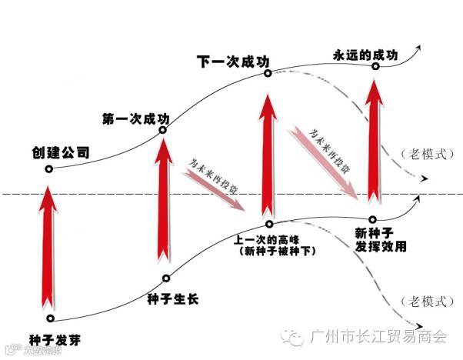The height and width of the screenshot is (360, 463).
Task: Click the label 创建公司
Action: (x=60, y=152)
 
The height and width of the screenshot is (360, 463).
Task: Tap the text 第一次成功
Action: (x=136, y=119)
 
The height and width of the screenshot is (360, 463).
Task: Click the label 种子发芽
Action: (x=55, y=338)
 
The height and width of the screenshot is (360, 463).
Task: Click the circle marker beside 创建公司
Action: (x=49, y=169)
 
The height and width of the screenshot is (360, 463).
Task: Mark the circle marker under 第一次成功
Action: (x=163, y=130)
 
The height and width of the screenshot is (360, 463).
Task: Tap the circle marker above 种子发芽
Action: (x=50, y=318)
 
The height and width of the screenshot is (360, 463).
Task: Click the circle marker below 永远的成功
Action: (x=375, y=66)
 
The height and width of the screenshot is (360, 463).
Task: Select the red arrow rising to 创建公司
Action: (x=49, y=246)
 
